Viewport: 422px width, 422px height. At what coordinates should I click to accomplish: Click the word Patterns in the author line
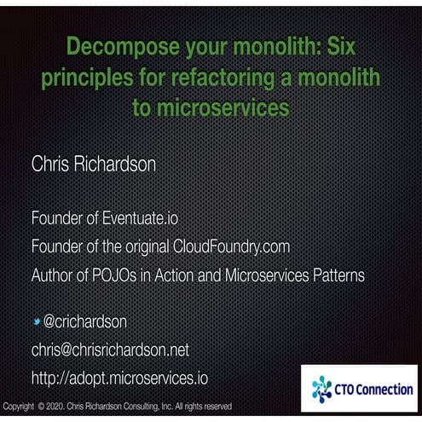coord(333,275)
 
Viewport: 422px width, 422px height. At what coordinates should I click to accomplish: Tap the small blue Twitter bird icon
coord(37,321)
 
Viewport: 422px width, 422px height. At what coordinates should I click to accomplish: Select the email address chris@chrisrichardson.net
coord(110,350)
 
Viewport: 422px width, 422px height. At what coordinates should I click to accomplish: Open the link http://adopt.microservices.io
coord(119,377)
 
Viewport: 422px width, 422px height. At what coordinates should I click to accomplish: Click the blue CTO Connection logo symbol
coord(321,389)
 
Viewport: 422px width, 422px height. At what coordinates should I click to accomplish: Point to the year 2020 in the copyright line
coord(53,407)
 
